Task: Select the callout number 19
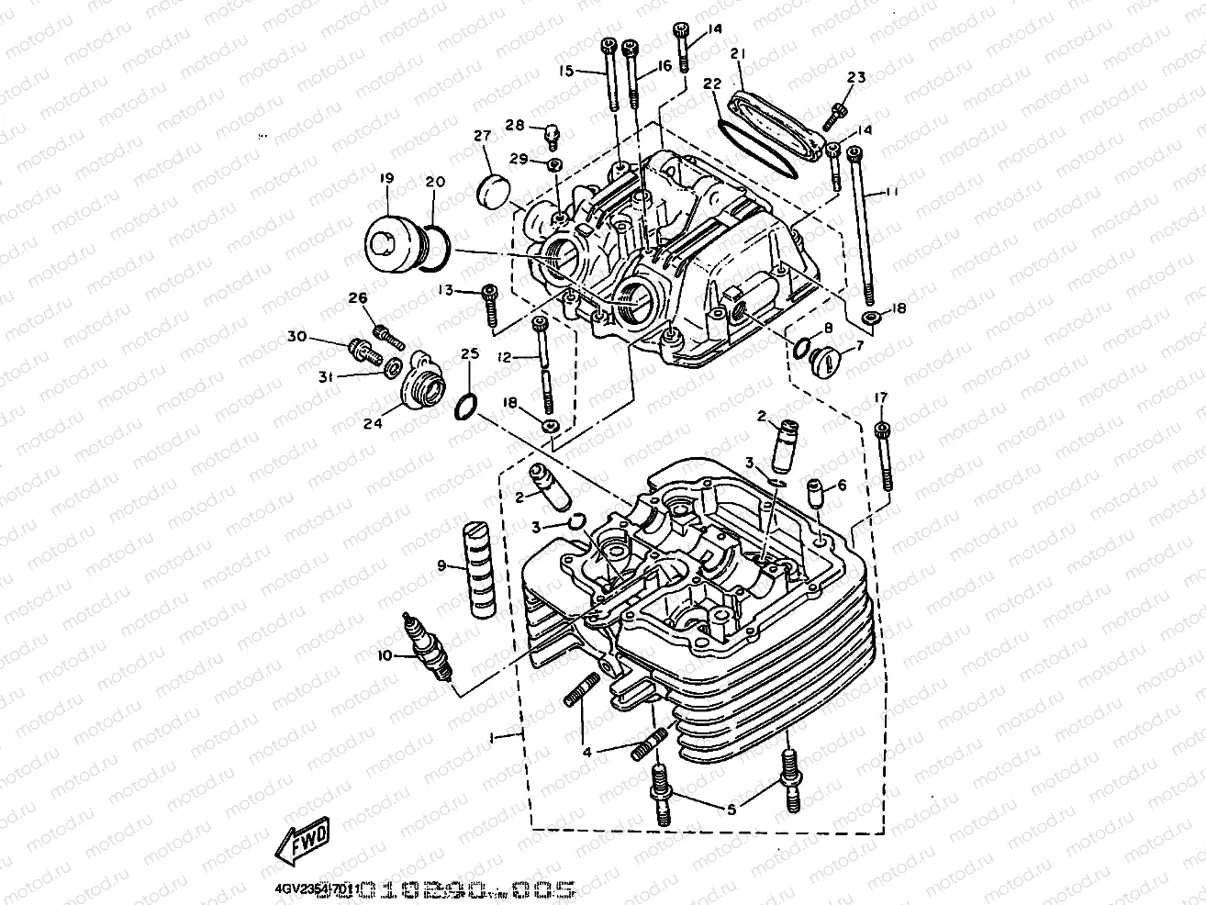tap(385, 180)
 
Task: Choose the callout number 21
tap(737, 55)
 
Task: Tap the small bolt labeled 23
tap(837, 113)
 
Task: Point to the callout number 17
tap(881, 397)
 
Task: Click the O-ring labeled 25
tap(466, 404)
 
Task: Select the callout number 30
tap(295, 338)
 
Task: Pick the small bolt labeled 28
tap(551, 134)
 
